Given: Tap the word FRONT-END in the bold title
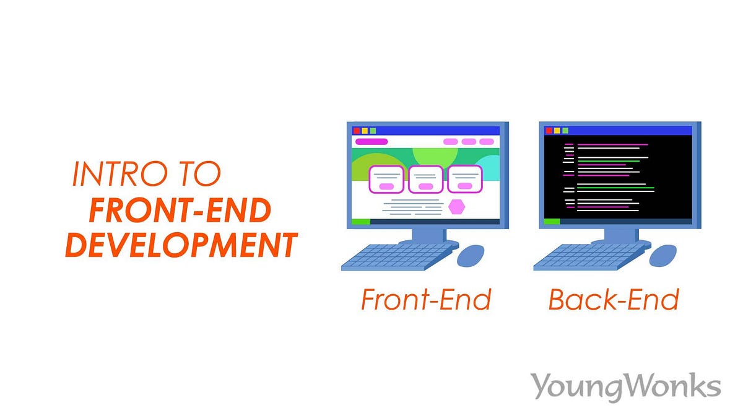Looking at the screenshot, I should (180, 211).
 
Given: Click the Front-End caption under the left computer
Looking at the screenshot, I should (426, 300).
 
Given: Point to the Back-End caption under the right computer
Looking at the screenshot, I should (614, 300).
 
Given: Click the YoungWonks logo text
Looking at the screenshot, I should (625, 386).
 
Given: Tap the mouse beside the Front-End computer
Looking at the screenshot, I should (471, 255).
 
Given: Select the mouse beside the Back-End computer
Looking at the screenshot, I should (663, 255).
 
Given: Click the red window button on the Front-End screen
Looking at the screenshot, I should (357, 131).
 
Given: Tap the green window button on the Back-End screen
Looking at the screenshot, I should (565, 131).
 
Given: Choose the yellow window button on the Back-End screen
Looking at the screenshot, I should (557, 131).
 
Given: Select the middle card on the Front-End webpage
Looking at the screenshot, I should (425, 179).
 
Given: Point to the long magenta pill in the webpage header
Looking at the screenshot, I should (371, 142).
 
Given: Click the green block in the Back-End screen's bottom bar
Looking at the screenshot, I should (552, 221).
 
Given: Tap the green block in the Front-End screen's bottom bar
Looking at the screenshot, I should (360, 221).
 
